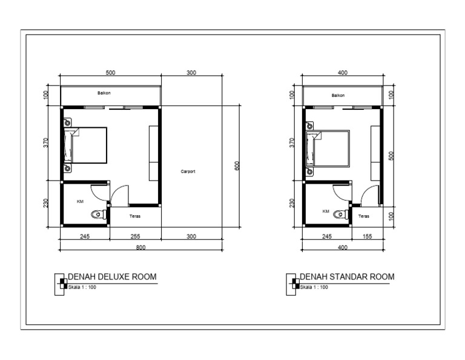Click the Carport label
pos(188,172)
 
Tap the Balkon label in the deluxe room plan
pos(104,93)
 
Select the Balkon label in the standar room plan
pos(338,95)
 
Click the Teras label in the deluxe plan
pos(136,215)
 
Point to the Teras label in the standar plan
pos(364,215)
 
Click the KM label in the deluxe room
pos(80,201)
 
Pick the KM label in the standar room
pos(326,212)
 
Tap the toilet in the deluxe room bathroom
pos(97,214)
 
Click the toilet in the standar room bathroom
pos(343,213)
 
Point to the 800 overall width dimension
pos(140,247)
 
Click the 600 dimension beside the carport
pos(238,165)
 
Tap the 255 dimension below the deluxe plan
pos(135,236)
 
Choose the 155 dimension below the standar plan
pos(368,236)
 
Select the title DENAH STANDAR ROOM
pos(347,277)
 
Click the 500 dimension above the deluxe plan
pos(110,72)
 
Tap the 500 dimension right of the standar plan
pos(392,155)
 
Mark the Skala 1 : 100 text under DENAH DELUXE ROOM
pos(83,287)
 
